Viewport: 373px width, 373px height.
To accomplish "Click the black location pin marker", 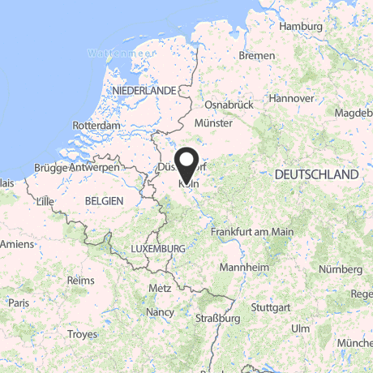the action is pyautogui.click(x=187, y=165).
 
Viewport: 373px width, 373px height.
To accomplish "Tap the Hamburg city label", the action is pyautogui.click(x=300, y=26).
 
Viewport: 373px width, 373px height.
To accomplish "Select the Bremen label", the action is pyautogui.click(x=258, y=56).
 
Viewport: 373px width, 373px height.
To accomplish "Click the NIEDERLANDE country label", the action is pyautogui.click(x=145, y=90).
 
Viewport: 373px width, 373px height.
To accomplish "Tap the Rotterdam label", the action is pyautogui.click(x=96, y=126).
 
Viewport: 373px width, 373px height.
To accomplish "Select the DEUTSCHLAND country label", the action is pyautogui.click(x=316, y=174).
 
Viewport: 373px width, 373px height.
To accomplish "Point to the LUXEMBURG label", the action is pyautogui.click(x=158, y=248).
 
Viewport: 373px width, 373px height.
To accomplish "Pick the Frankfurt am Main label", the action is pyautogui.click(x=251, y=231).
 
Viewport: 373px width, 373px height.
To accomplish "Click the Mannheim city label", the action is pyautogui.click(x=244, y=268).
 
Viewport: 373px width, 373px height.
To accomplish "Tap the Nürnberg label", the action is pyautogui.click(x=341, y=268).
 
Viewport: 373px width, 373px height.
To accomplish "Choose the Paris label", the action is pyautogui.click(x=19, y=302).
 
